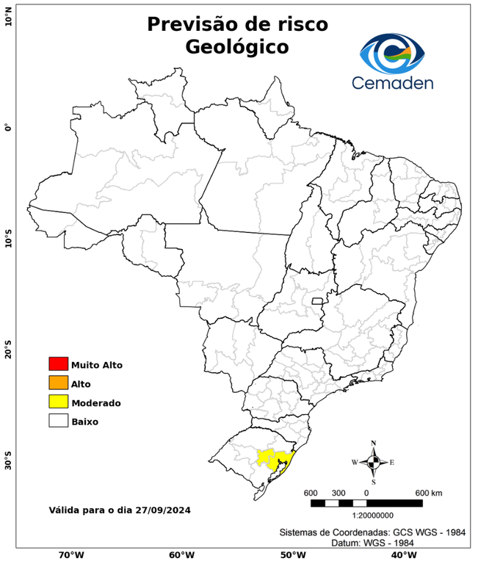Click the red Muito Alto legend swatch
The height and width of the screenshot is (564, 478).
click(x=58, y=364)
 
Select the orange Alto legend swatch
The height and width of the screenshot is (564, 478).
click(x=58, y=383)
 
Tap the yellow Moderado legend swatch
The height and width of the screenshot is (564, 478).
click(x=58, y=402)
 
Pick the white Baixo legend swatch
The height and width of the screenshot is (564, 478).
click(x=58, y=421)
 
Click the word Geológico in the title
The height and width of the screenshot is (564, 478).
click(x=237, y=47)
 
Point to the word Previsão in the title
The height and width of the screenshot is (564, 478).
click(x=192, y=23)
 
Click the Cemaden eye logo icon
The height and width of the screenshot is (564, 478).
click(x=392, y=52)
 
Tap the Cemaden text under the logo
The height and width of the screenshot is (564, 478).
click(x=392, y=82)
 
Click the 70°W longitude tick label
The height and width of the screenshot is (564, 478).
click(x=70, y=555)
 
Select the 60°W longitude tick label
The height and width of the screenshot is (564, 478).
click(x=181, y=555)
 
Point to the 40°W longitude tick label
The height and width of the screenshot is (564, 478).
click(x=402, y=555)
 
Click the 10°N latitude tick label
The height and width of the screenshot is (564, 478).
click(x=8, y=15)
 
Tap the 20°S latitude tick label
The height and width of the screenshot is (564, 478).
click(x=8, y=350)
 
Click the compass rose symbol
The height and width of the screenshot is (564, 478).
click(x=373, y=462)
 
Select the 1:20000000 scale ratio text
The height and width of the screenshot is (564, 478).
click(x=366, y=516)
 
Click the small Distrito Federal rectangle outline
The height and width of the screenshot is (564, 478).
click(x=318, y=301)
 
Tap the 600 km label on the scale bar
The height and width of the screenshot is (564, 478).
click(x=429, y=492)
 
